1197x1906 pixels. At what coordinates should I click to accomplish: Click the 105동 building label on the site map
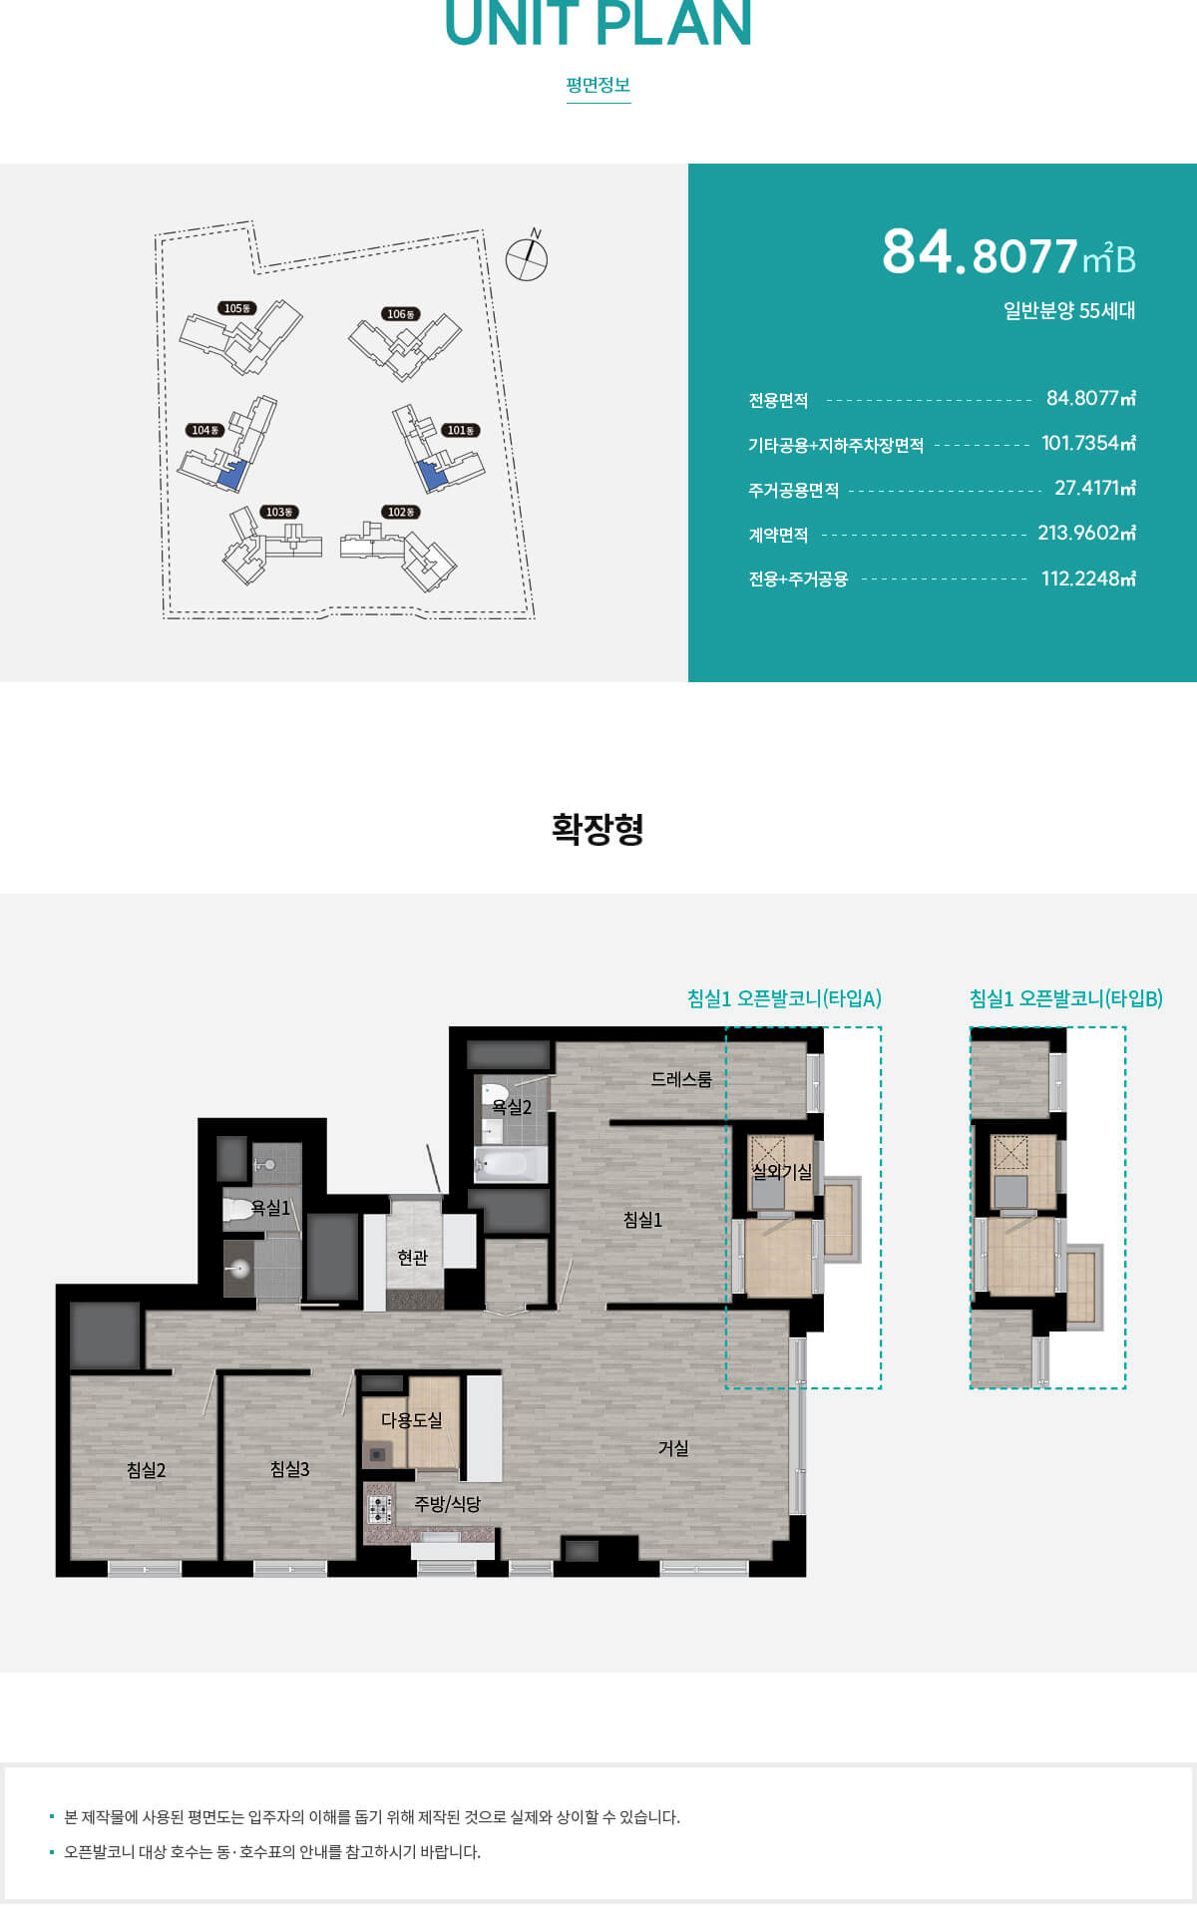coord(237,308)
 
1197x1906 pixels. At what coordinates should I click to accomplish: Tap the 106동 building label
coord(401,314)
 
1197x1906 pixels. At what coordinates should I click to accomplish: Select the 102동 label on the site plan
coord(401,512)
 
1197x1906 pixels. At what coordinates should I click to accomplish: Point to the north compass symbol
coord(527,257)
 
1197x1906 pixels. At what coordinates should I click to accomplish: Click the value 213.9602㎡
coord(1086,533)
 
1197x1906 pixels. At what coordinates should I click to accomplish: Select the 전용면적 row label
coord(778,400)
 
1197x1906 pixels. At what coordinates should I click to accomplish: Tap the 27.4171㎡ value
coord(1094,488)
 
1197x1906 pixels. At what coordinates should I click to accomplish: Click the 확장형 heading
coord(598,829)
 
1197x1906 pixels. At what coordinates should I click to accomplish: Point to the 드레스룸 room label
coord(681,1079)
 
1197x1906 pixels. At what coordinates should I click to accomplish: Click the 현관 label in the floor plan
coord(412,1258)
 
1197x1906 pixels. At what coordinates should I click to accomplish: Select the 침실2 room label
coord(146,1470)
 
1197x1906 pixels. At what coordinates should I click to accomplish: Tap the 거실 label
coord(673,1448)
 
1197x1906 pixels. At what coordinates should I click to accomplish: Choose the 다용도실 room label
coord(411,1419)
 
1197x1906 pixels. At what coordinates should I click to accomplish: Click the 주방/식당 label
coord(447,1503)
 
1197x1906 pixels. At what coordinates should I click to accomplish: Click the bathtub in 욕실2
coord(511,1164)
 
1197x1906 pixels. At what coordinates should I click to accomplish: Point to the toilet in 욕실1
coord(237,1211)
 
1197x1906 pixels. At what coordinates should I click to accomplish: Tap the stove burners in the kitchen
coord(379,1509)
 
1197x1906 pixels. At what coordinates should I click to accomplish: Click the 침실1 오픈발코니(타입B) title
coord(1066,998)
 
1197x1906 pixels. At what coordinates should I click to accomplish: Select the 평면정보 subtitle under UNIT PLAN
coord(598,85)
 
